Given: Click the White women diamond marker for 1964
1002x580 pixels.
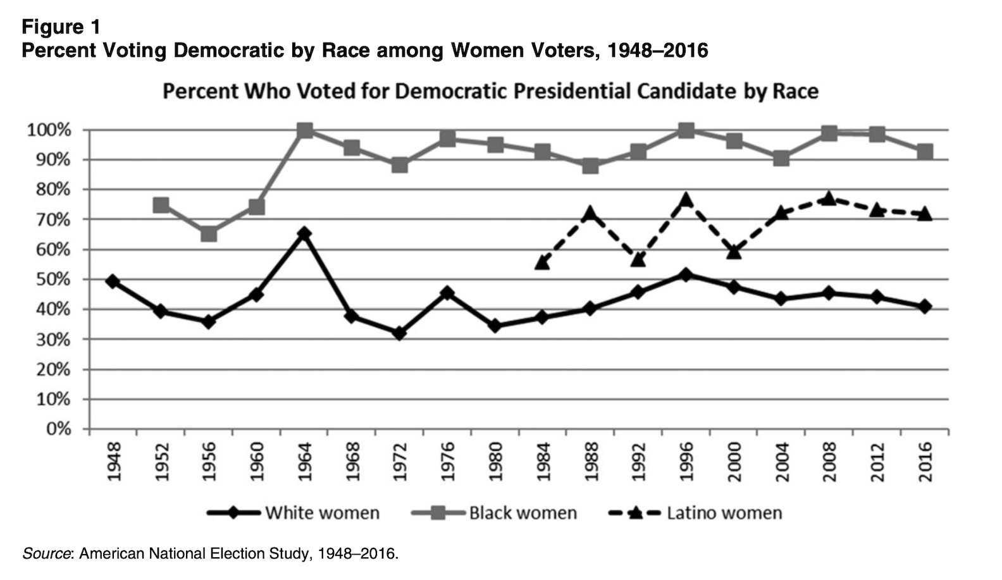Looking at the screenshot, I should pos(304,234).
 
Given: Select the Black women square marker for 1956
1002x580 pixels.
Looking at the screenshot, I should pos(209,234).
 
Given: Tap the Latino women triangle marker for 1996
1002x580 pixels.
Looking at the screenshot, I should pos(686,201).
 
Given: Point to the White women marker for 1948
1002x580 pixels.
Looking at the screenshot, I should pos(113,281).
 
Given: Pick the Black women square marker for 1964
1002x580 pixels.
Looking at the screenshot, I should pos(304,131).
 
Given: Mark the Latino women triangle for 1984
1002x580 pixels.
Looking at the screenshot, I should pos(542,262).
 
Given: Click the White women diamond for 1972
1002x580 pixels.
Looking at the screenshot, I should pos(399,333).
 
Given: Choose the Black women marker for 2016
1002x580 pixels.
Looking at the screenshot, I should pos(924,152).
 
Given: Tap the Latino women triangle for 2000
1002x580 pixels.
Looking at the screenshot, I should pos(734,252).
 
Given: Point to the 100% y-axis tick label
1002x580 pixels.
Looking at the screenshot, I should pos(48,131).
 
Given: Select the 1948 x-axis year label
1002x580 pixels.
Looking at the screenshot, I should pos(114,462).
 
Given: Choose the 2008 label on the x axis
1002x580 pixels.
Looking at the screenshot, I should pos(829,462).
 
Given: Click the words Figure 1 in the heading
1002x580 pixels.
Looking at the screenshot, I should pos(61,27).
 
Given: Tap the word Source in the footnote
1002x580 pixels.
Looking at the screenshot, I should pos(46,554).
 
